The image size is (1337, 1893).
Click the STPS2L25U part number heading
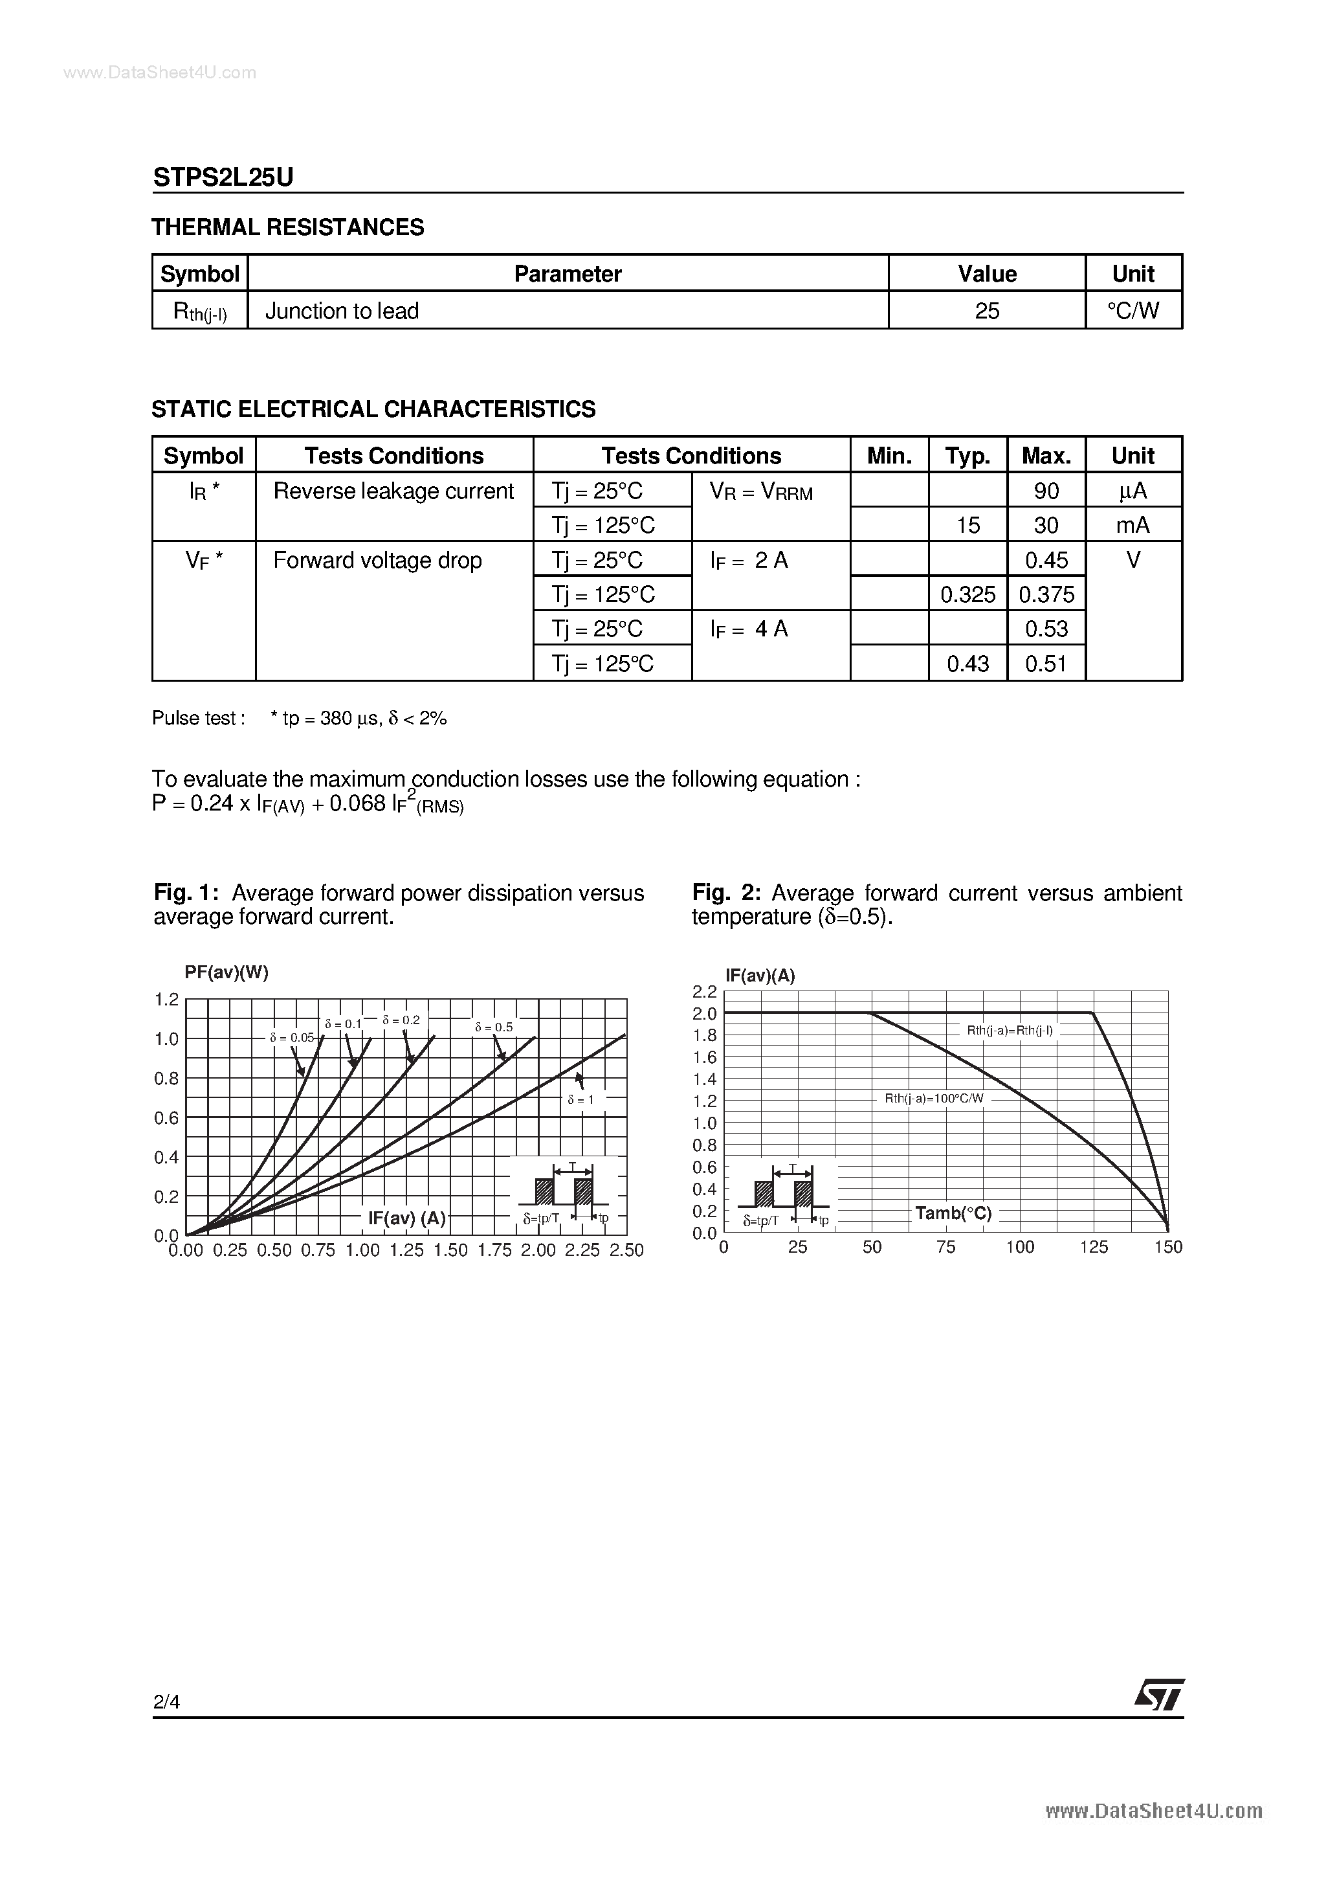click(x=223, y=177)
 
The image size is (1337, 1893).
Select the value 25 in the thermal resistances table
click(x=987, y=311)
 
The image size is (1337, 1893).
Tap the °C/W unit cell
click(x=1133, y=311)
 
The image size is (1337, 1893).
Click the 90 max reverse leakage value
click(x=1046, y=491)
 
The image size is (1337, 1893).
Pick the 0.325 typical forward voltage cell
click(x=967, y=594)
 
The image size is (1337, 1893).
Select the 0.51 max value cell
click(x=1046, y=664)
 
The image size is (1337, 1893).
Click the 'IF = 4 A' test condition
click(x=749, y=629)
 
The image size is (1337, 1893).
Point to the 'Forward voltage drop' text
click(x=377, y=561)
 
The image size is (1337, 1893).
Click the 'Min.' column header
click(x=889, y=456)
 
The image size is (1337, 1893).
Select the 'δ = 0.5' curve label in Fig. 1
click(x=494, y=1027)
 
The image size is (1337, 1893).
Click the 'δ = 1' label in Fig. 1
click(x=580, y=1100)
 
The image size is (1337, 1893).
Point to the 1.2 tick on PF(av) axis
click(x=166, y=1000)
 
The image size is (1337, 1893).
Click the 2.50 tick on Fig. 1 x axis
click(x=626, y=1251)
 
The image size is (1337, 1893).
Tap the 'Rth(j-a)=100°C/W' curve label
click(x=934, y=1098)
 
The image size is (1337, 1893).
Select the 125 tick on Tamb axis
click(x=1094, y=1248)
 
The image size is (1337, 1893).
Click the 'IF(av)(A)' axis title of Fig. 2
click(x=760, y=976)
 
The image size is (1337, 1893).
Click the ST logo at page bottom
click(x=1159, y=1696)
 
